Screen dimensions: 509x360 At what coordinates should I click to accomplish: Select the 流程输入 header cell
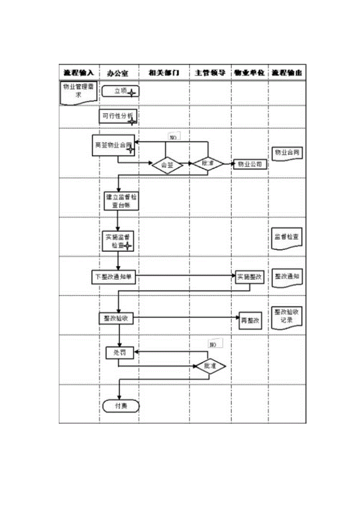tap(79, 73)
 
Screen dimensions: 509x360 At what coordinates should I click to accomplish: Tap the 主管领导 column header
tap(210, 73)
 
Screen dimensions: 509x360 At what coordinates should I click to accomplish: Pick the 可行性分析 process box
tap(118, 116)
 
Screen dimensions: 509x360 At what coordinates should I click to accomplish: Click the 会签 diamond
tap(167, 165)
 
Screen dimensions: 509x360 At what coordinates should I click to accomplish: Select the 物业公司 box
tap(250, 164)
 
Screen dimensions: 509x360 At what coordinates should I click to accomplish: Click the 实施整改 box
tap(250, 277)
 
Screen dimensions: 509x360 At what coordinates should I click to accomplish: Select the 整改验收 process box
tap(116, 319)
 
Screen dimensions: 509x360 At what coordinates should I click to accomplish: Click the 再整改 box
tap(250, 320)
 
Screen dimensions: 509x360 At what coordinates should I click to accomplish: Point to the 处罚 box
tap(119, 353)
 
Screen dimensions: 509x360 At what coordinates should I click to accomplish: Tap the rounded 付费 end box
tap(121, 406)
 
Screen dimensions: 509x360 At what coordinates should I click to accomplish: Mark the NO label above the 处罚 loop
tap(215, 344)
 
